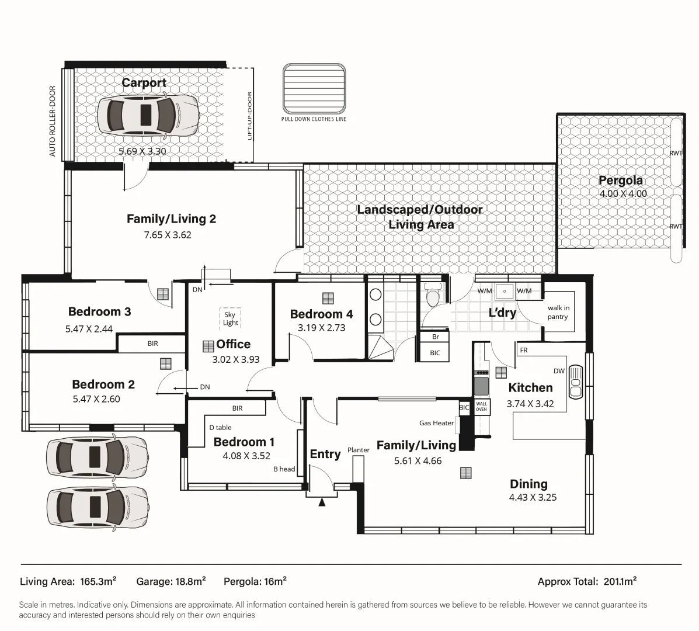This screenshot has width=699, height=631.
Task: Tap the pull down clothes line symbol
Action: (314, 89)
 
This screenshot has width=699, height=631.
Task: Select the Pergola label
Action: (620, 181)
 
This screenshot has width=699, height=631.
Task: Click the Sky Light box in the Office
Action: (231, 318)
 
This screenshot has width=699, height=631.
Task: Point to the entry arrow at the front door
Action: (321, 501)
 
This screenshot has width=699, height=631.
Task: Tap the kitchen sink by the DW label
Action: (575, 383)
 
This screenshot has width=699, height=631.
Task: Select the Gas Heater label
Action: (436, 423)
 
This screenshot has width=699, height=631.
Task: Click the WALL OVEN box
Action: (481, 406)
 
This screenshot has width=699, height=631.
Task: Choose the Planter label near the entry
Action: (359, 450)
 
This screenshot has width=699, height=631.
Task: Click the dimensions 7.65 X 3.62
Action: (168, 235)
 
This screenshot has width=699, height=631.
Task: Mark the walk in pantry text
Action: (558, 313)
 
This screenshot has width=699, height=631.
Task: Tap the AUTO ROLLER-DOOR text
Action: (53, 122)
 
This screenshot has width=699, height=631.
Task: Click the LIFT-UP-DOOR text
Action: (250, 116)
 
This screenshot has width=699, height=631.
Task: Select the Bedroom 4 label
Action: (321, 314)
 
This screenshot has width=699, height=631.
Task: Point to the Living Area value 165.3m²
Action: (96, 581)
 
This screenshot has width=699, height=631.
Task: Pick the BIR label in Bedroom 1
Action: (237, 408)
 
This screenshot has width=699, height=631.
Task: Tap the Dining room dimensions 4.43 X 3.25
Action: (533, 498)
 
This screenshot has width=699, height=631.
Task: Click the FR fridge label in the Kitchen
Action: (524, 351)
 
